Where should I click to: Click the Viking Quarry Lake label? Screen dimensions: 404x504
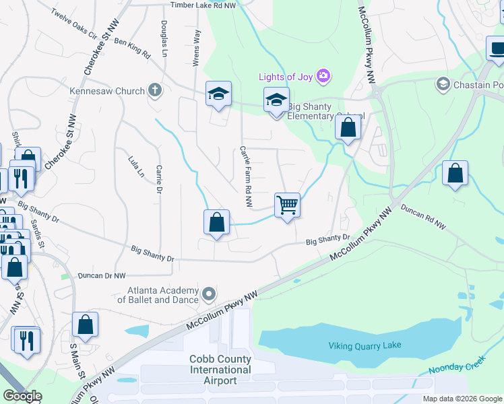pos(365,345)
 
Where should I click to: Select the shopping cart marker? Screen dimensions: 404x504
pos(288,205)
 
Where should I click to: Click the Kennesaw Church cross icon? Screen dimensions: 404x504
pos(155,90)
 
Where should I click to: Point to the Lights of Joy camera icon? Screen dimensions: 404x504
pos(323,75)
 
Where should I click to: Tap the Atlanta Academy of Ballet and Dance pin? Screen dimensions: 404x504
pos(209,294)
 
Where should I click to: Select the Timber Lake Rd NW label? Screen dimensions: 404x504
pos(203,5)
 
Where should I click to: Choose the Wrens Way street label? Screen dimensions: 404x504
pos(197,46)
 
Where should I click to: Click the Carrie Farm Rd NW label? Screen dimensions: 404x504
pos(246,169)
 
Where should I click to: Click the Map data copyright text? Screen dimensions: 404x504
pos(462,399)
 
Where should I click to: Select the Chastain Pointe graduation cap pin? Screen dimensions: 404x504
pos(443,84)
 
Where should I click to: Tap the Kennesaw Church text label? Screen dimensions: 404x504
pos(107,91)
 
